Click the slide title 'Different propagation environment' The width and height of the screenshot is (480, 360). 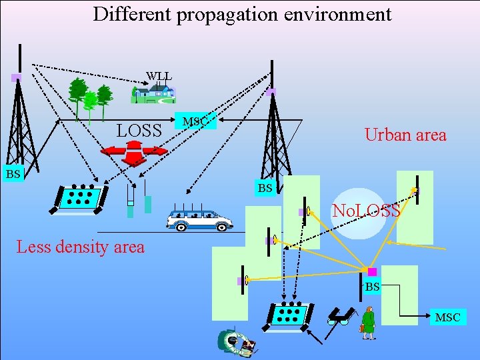(242, 14)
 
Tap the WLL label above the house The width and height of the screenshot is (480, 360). (159, 76)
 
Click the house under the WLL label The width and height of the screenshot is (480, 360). (153, 94)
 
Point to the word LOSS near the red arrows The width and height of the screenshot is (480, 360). (139, 131)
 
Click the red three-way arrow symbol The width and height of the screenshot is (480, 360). (133, 152)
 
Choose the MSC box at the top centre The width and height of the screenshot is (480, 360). (195, 121)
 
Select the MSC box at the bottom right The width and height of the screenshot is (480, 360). (447, 317)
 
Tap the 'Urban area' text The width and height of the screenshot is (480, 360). (405, 135)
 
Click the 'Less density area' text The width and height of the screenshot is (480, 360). (80, 247)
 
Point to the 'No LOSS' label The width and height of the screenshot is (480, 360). (366, 211)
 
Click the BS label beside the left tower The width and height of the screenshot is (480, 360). (13, 174)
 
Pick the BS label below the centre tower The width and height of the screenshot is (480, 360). (265, 188)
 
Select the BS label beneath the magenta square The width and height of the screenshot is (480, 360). (372, 287)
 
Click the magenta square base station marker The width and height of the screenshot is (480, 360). (372, 272)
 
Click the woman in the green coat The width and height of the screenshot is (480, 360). (367, 323)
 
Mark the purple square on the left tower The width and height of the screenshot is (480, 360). (16, 78)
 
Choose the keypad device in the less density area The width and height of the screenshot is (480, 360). (79, 197)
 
